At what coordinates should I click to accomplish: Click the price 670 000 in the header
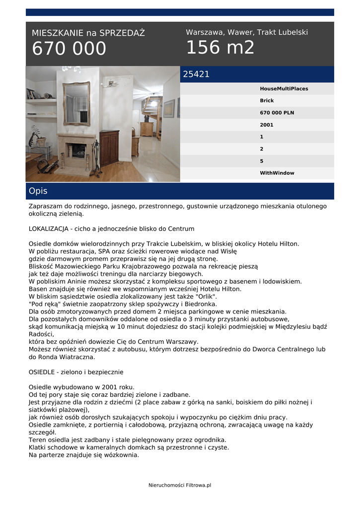[x=69, y=49]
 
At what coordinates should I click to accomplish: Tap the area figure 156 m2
[x=220, y=48]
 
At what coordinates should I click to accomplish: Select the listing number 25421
[x=196, y=74]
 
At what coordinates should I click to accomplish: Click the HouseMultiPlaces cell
[x=284, y=89]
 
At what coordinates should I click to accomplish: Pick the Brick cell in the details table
[x=267, y=101]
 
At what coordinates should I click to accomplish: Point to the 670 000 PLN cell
[x=277, y=113]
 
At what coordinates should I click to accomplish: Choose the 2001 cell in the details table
[x=267, y=125]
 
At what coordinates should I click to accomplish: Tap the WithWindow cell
[x=277, y=173]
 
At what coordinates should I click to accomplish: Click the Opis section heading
[x=38, y=191]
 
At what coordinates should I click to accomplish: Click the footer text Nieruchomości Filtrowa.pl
[x=180, y=485]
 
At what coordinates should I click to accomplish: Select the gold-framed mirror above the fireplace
[x=76, y=103]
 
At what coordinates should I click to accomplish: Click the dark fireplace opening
[x=78, y=151]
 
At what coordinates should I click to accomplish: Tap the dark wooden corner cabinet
[x=109, y=148]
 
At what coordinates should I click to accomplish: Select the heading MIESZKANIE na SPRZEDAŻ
[x=88, y=33]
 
